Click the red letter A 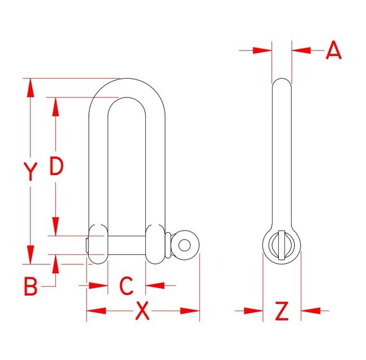pyautogui.click(x=334, y=51)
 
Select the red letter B pyautogui.click(x=31, y=286)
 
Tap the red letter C pyautogui.click(x=127, y=286)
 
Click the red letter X pyautogui.click(x=143, y=310)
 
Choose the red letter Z pyautogui.click(x=282, y=310)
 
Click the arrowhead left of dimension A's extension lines pyautogui.click(x=262, y=51)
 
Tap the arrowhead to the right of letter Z pyautogui.click(x=310, y=310)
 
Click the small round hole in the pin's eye pyautogui.click(x=184, y=244)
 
